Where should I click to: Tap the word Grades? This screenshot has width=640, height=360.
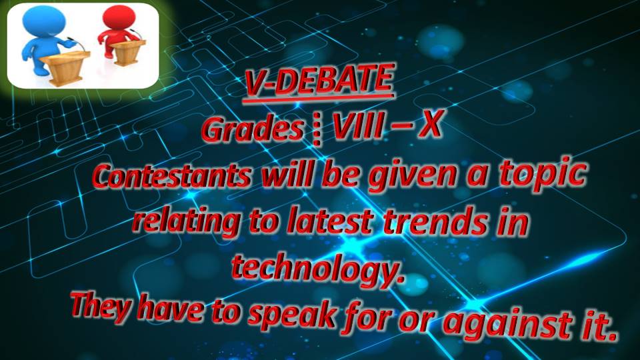(x=253, y=130)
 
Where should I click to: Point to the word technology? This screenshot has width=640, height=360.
(x=319, y=269)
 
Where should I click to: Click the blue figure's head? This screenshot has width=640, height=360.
(x=44, y=21)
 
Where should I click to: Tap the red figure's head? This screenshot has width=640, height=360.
(x=119, y=17)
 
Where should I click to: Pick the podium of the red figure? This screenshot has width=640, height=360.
(x=129, y=52)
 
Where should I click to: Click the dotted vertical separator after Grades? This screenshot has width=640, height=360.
(x=317, y=131)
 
